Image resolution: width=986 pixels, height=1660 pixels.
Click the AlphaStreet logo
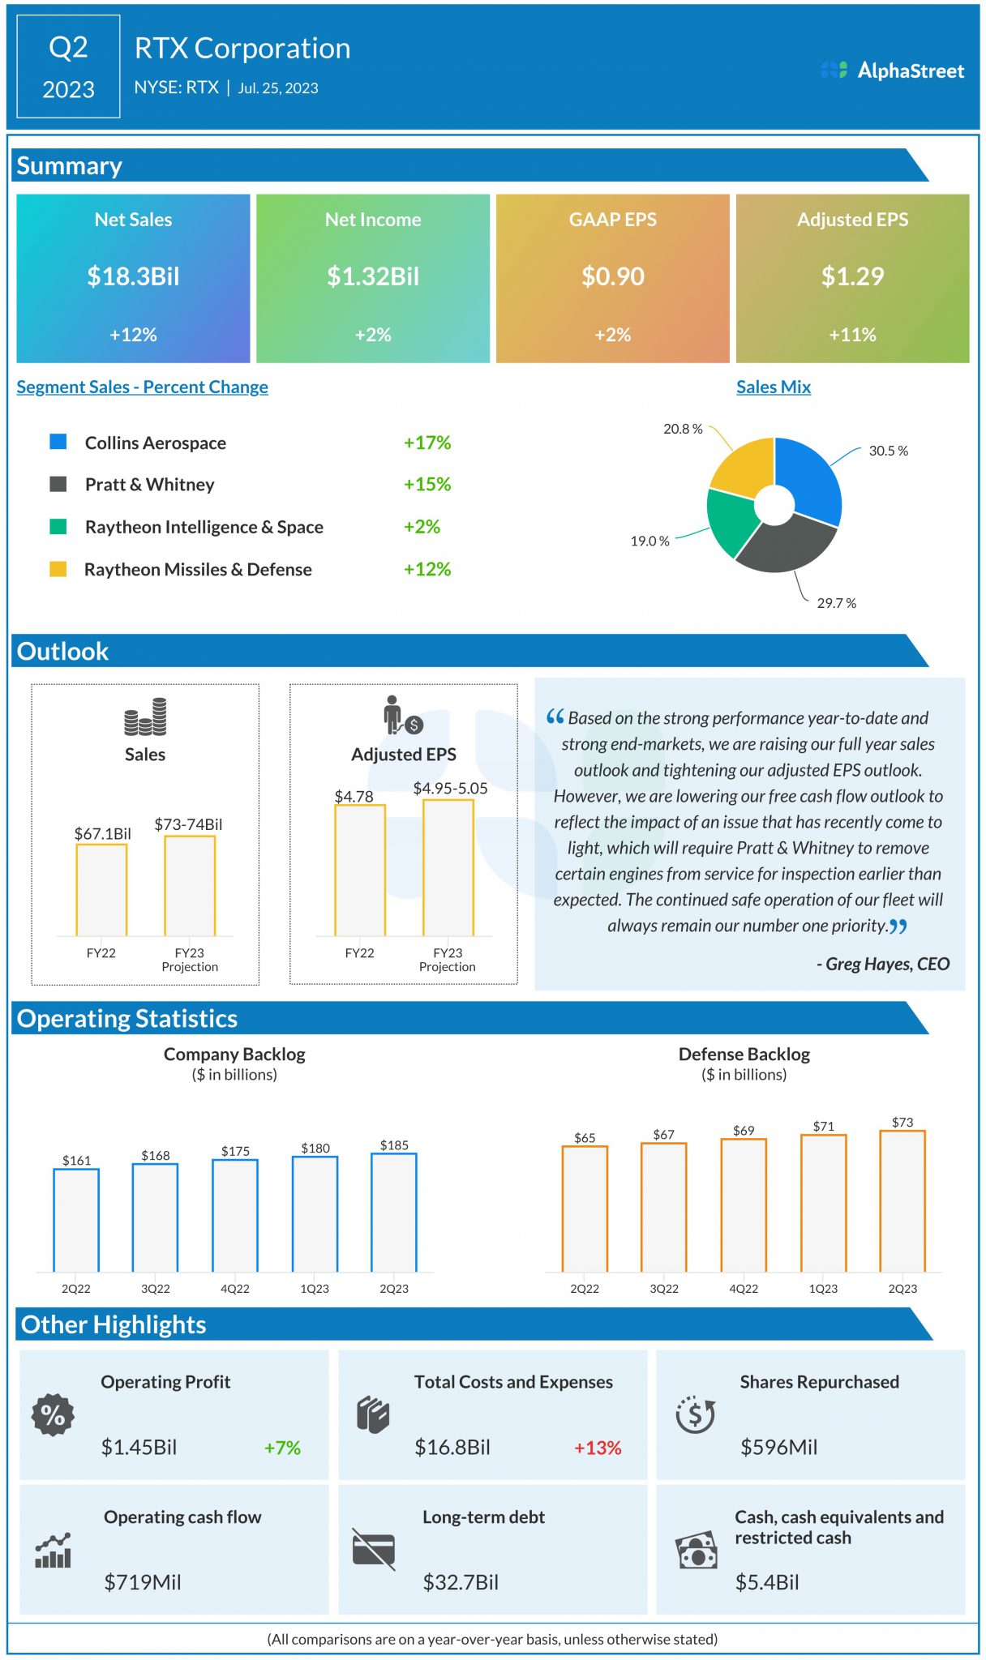click(x=892, y=71)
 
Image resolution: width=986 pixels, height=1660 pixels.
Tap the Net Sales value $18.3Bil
click(x=133, y=276)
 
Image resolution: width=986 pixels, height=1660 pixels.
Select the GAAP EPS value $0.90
click(x=612, y=276)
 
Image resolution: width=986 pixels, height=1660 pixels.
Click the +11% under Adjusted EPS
click(x=852, y=335)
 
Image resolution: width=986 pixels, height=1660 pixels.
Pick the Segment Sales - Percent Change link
click(x=142, y=387)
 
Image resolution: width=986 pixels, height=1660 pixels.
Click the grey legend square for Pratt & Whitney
click(x=58, y=484)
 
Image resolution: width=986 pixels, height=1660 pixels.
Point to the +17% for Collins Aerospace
click(x=427, y=443)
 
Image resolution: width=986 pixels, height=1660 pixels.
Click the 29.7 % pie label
click(x=836, y=603)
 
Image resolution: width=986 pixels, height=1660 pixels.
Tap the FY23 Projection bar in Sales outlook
click(x=190, y=885)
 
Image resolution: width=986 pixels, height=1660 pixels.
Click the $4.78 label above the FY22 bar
click(x=354, y=796)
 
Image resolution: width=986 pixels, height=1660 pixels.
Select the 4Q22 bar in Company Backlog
click(x=235, y=1215)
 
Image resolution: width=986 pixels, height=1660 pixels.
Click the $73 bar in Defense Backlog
click(x=902, y=1201)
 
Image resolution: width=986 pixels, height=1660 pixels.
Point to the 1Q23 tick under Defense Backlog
click(x=823, y=1289)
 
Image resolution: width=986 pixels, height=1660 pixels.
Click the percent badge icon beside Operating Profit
click(x=53, y=1415)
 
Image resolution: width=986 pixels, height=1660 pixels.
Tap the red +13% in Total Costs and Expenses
click(x=598, y=1448)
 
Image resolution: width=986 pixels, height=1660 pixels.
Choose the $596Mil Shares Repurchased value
click(x=778, y=1447)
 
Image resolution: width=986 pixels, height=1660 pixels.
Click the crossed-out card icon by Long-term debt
click(x=374, y=1549)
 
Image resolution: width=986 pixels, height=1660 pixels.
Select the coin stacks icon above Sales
click(x=145, y=717)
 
